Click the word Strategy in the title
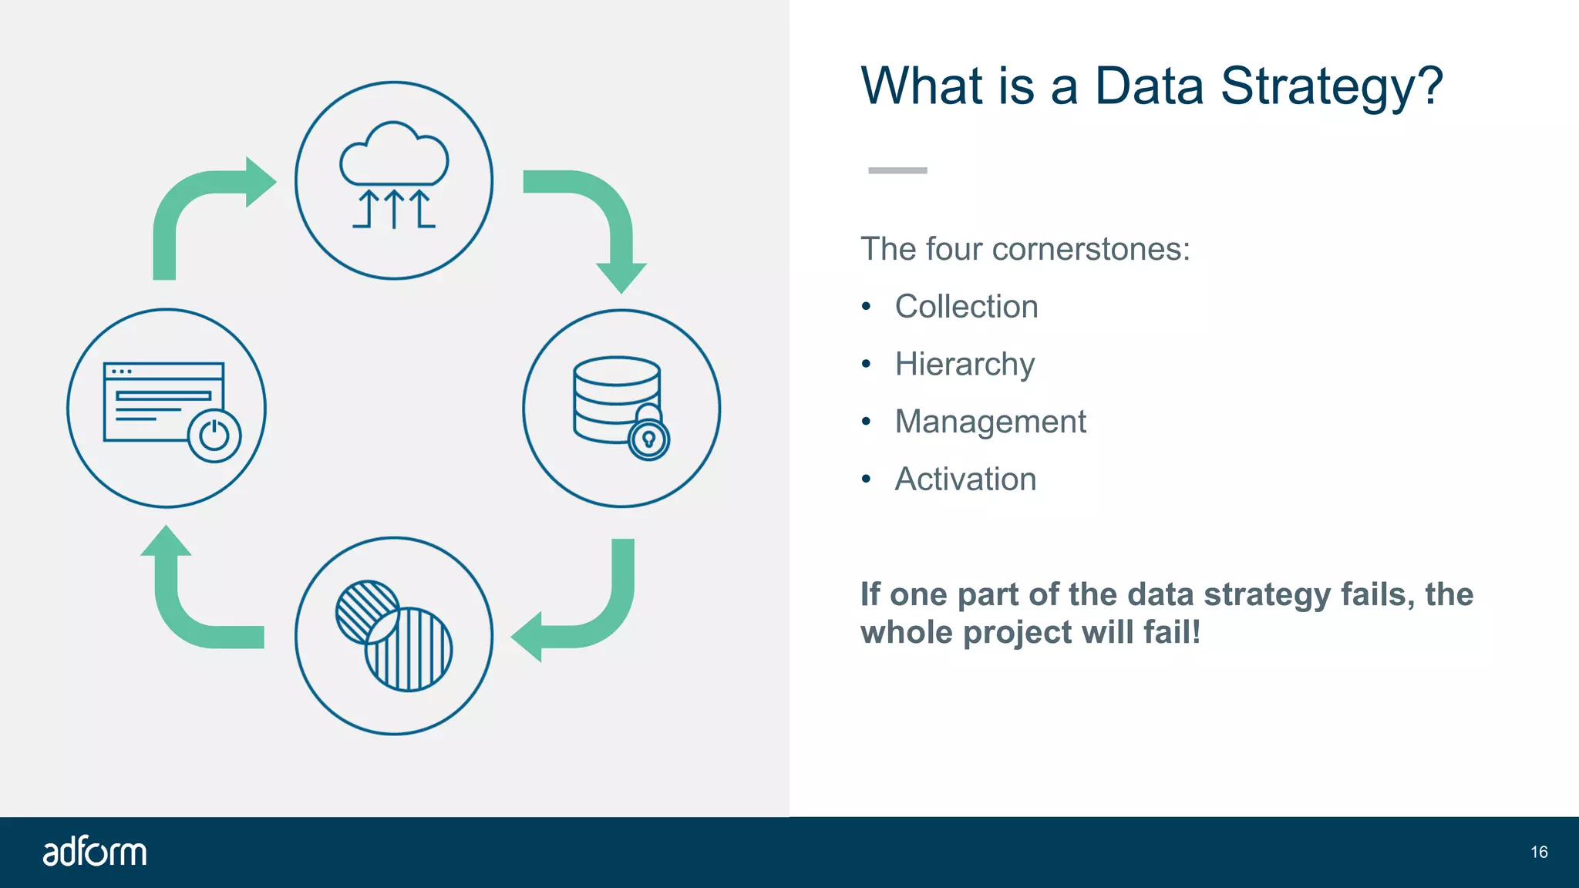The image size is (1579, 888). click(x=1331, y=86)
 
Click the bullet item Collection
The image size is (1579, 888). click(x=966, y=307)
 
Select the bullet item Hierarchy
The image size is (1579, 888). click(x=964, y=365)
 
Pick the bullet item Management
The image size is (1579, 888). click(x=990, y=422)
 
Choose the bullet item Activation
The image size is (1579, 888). click(x=965, y=479)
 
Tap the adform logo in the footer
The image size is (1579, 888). click(x=94, y=852)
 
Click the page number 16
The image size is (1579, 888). click(x=1539, y=852)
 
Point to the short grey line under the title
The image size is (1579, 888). click(x=897, y=170)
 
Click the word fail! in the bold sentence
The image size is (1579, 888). click(x=1172, y=633)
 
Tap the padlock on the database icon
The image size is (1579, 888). click(x=648, y=437)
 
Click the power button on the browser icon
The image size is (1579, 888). click(x=214, y=436)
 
